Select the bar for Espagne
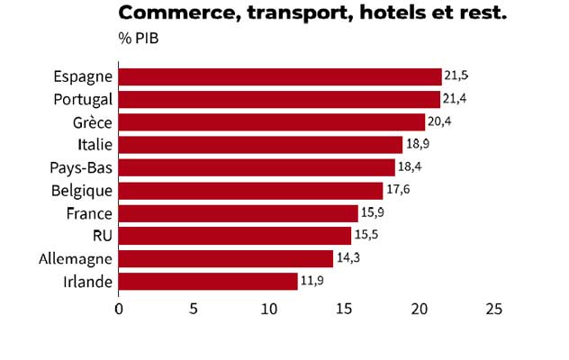click(x=280, y=76)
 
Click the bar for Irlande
click(x=208, y=282)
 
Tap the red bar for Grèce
click(x=271, y=122)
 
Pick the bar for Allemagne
click(x=226, y=259)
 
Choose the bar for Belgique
click(x=250, y=191)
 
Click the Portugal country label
click(x=83, y=99)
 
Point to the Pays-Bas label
click(x=82, y=168)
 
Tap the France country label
click(x=89, y=213)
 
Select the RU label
click(x=103, y=236)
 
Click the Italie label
click(x=95, y=145)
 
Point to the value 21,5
click(x=456, y=76)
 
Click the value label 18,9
click(x=417, y=144)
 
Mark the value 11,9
click(x=312, y=282)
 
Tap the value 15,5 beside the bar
click(x=366, y=235)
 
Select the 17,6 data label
click(x=398, y=190)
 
